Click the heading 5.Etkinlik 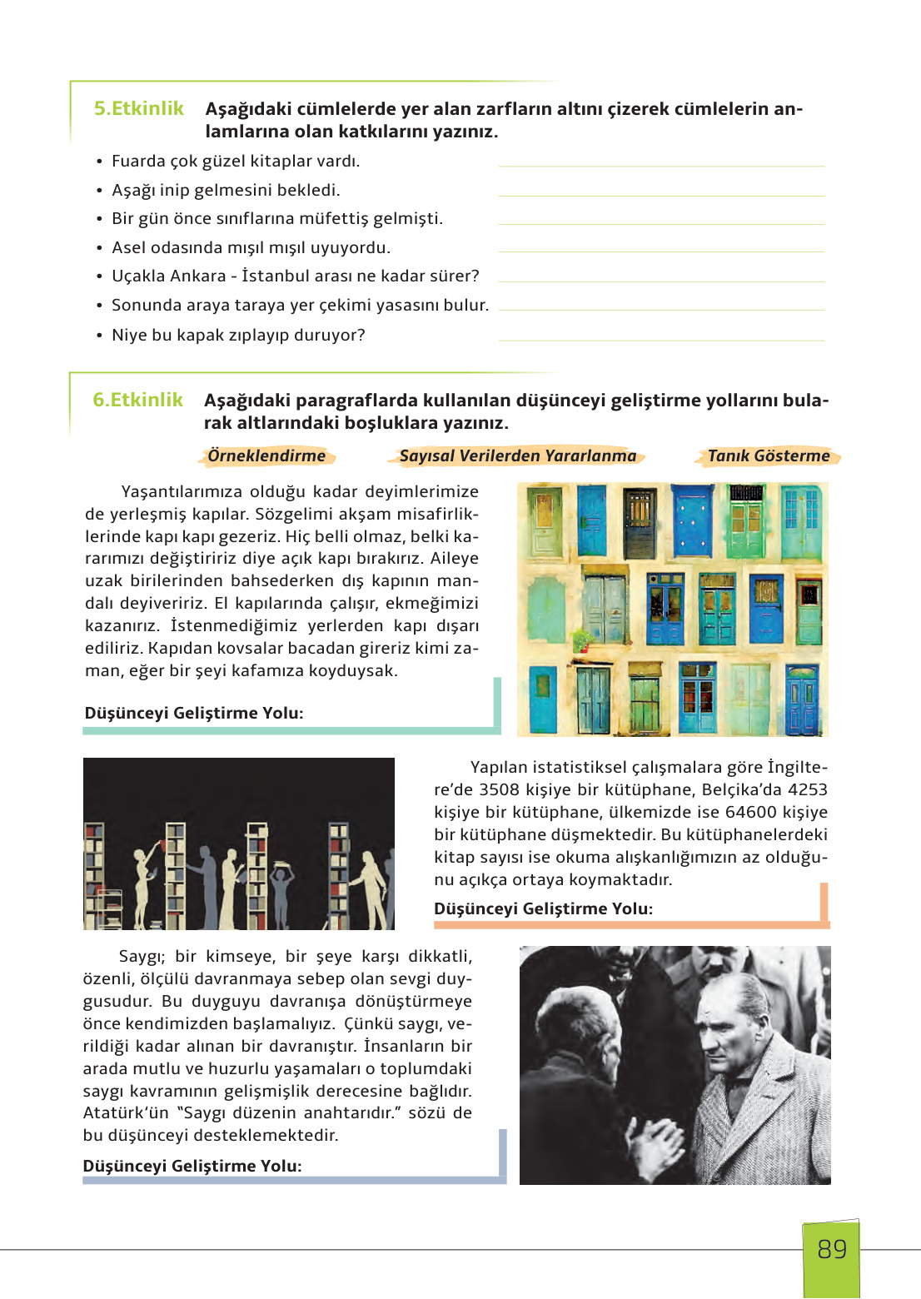tap(138, 109)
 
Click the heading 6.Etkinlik tap(137, 401)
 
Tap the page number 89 tap(831, 1250)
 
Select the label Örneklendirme tap(266, 456)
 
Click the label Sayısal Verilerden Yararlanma tap(517, 456)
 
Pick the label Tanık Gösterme tap(768, 456)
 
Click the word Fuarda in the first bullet tap(138, 162)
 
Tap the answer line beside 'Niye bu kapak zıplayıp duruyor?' tap(660, 339)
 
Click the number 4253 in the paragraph tap(807, 790)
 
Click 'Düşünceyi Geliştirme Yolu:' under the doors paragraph tap(194, 714)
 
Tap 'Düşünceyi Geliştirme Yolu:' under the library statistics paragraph tap(543, 909)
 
